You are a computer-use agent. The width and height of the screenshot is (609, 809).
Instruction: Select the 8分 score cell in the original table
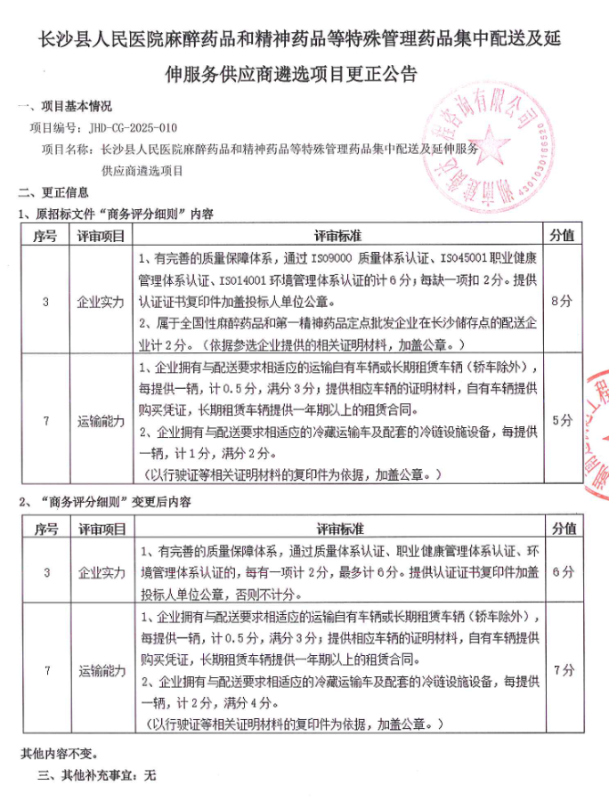pyautogui.click(x=561, y=302)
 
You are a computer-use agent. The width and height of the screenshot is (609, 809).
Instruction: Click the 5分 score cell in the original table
pyautogui.click(x=561, y=420)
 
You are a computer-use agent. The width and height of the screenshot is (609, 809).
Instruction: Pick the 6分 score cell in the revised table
pyautogui.click(x=561, y=572)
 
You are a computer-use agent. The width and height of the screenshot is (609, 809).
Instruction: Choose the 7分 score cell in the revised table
pyautogui.click(x=561, y=671)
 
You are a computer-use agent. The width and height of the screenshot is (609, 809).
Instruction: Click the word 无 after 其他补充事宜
pyautogui.click(x=150, y=775)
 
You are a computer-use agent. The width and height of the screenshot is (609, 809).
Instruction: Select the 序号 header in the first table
pyautogui.click(x=45, y=235)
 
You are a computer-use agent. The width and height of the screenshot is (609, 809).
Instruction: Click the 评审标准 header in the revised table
pyautogui.click(x=338, y=529)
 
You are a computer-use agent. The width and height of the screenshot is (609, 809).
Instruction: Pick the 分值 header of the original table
pyautogui.click(x=561, y=235)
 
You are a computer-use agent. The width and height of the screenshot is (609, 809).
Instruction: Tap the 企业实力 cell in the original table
pyautogui.click(x=101, y=302)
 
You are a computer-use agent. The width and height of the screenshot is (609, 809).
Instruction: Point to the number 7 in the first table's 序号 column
pyautogui.click(x=45, y=420)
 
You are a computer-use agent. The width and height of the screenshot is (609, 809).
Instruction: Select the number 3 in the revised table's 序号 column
pyautogui.click(x=45, y=572)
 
